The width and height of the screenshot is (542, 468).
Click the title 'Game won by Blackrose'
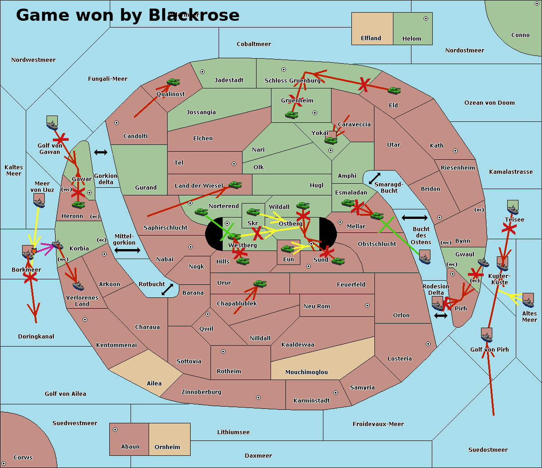127,15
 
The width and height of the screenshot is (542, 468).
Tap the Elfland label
371,38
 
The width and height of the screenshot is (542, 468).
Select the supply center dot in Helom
425,19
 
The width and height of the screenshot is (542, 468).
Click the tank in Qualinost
173,82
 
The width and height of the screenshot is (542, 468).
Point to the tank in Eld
394,91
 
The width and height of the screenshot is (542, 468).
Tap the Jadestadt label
229,80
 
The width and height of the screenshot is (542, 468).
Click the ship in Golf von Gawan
52,123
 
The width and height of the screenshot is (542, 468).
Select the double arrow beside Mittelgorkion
127,250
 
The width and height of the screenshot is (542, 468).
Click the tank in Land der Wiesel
235,185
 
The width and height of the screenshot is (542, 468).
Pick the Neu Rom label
317,306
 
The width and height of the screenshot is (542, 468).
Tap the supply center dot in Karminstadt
336,393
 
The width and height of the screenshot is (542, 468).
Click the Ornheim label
167,447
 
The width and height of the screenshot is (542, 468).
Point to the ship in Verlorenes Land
78,286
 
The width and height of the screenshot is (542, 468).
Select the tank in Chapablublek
260,283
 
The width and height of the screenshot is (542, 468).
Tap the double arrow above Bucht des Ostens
414,218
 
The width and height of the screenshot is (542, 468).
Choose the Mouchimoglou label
307,372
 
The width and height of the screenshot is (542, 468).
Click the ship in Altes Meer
528,300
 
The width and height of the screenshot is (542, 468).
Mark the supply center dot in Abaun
115,430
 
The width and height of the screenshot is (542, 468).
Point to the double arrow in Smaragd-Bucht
374,179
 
